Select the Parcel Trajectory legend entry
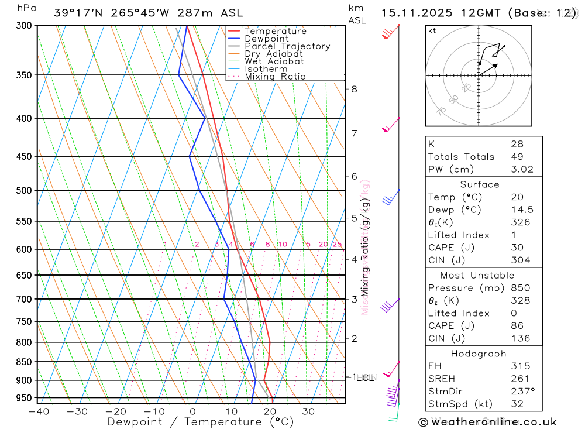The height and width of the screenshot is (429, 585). pos(287,46)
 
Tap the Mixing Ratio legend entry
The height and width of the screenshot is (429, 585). pos(275,77)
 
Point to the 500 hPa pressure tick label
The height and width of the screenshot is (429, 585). pos(23,190)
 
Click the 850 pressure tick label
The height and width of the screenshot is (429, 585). pos(23,362)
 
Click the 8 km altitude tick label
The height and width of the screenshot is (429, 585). pos(354,89)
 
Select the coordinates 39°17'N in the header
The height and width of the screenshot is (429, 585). pos(76,13)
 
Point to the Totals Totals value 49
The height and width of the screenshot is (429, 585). pos(517,157)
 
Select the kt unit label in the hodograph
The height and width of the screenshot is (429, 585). pos(432,30)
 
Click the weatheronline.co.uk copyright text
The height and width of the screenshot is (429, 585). pos(487,422)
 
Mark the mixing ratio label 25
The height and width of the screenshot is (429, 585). pos(337,244)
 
